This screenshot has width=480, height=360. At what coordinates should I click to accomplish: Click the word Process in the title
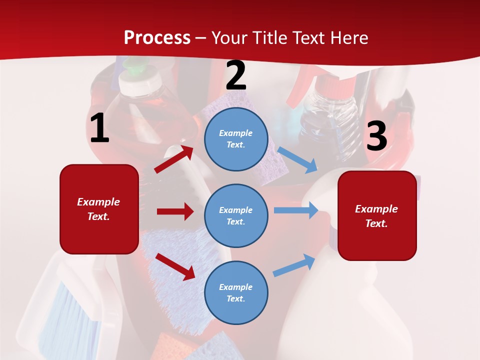(x=157, y=37)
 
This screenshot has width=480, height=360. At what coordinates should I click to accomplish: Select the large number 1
(x=99, y=128)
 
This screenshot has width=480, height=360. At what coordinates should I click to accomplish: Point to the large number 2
(x=236, y=75)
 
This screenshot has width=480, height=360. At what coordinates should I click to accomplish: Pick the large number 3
(x=376, y=136)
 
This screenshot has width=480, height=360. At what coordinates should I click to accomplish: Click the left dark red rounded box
(x=99, y=209)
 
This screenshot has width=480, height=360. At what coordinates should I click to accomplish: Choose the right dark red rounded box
(x=377, y=216)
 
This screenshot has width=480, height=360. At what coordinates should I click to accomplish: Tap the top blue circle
(x=236, y=139)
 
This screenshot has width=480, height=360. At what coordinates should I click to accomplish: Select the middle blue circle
(x=236, y=215)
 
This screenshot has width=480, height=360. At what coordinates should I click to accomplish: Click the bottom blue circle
(x=236, y=292)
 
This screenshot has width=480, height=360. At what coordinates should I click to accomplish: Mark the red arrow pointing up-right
(x=174, y=159)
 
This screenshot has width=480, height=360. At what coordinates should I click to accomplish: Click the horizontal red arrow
(x=175, y=211)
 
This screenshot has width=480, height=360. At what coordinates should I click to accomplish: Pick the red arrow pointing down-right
(x=175, y=266)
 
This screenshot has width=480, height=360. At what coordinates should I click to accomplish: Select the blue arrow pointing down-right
(x=297, y=159)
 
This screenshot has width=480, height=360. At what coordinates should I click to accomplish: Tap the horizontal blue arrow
(x=296, y=210)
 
